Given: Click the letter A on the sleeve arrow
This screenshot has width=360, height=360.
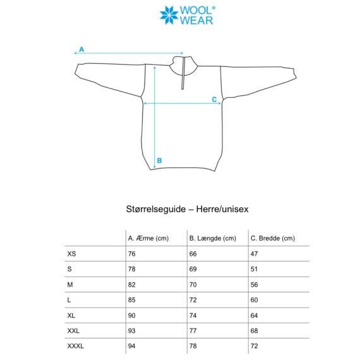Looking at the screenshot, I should [x=82, y=49].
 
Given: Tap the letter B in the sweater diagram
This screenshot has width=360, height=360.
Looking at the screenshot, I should [x=159, y=160].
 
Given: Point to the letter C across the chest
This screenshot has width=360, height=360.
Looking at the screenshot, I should [x=214, y=99].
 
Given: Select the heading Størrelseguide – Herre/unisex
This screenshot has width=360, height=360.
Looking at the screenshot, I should [x=180, y=207].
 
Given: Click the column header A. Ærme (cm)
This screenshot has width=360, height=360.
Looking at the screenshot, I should [x=149, y=238].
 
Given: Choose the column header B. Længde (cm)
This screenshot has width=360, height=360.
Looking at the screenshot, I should [x=212, y=238].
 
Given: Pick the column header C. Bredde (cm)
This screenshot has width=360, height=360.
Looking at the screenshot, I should [x=273, y=238].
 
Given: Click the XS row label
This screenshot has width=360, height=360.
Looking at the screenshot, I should [x=71, y=254].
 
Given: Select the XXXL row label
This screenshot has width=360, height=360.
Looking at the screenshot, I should [x=75, y=346].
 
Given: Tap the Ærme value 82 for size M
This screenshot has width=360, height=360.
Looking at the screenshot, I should [x=132, y=285].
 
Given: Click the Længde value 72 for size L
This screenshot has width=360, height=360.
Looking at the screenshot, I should [x=193, y=300].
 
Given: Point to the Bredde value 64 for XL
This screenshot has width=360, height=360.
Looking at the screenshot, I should [x=255, y=315].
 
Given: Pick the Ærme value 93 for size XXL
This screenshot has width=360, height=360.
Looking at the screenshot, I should [x=132, y=331].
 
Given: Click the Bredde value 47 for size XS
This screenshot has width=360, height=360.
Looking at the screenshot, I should [x=255, y=254].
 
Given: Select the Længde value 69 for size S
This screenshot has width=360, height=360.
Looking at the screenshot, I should [x=193, y=269].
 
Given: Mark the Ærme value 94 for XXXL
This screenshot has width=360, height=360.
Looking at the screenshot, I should [x=132, y=346].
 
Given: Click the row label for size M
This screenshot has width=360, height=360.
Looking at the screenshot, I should [x=69, y=285].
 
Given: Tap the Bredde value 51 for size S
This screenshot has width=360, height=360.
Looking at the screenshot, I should [x=255, y=269].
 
